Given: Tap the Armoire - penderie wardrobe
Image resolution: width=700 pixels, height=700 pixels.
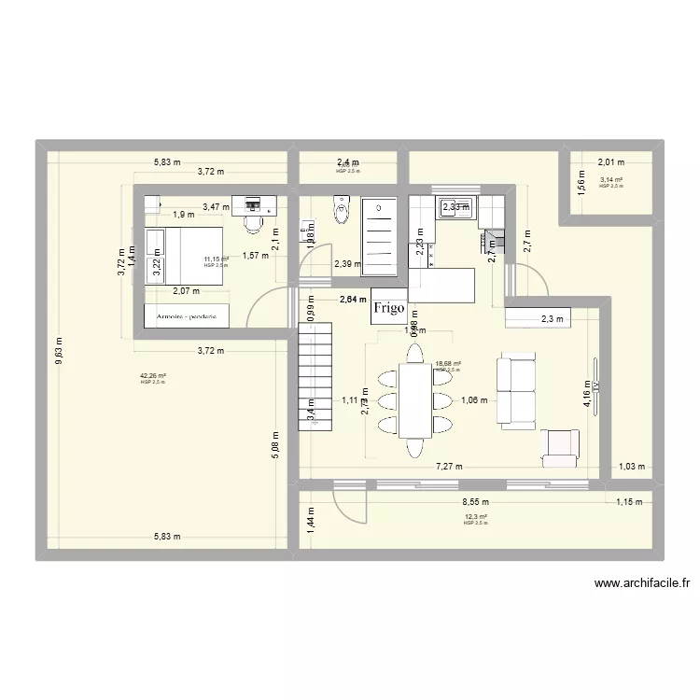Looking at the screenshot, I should tap(187, 317).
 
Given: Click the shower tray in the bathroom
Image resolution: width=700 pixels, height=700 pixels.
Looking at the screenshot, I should tap(379, 237).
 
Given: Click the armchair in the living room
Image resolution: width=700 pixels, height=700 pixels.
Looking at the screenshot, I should tap(560, 447).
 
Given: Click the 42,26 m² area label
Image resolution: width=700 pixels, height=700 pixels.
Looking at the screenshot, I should tap(151, 376).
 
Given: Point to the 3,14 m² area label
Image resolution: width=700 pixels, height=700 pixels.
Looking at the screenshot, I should tap(612, 180).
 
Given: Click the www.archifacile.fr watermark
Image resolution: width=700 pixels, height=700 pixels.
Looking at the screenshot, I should tap(642, 585).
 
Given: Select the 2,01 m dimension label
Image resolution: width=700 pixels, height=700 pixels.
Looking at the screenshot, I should tap(612, 161).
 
